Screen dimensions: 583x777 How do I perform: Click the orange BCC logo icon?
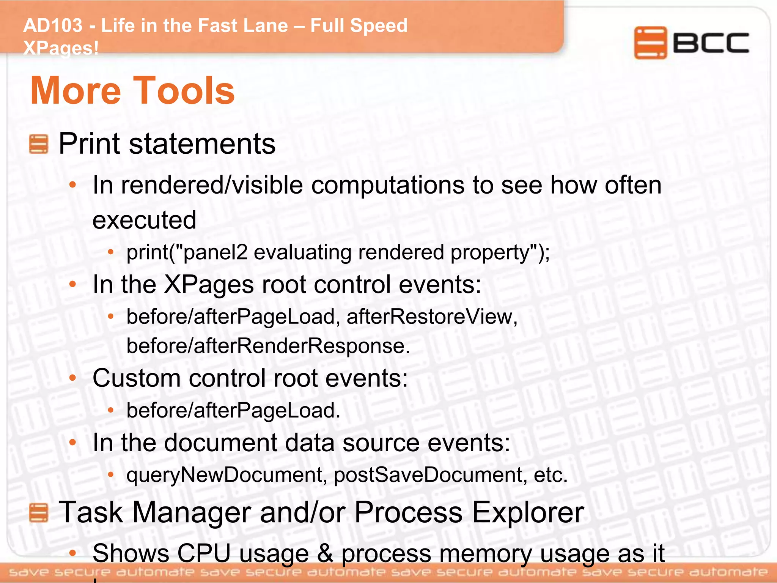[650, 43]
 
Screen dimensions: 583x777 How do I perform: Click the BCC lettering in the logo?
[711, 43]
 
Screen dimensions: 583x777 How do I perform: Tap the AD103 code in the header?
[53, 26]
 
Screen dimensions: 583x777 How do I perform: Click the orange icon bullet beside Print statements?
[39, 144]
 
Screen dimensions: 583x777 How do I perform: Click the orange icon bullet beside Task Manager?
[39, 512]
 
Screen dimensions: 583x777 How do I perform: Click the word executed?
[144, 220]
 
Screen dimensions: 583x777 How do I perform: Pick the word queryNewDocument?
[224, 475]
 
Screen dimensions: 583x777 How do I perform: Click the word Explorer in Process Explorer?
[528, 512]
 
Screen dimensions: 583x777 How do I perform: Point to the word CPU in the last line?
[204, 553]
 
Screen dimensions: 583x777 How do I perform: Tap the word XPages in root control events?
[209, 285]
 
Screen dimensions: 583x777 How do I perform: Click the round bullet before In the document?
[73, 443]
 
